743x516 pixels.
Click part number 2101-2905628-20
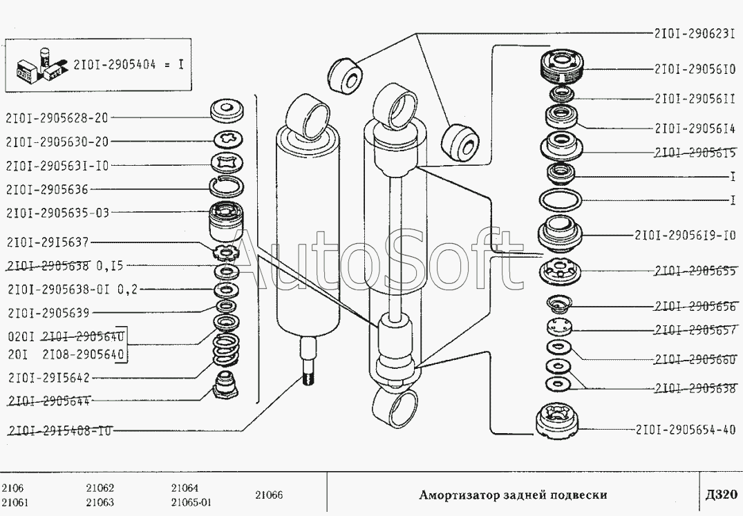[x=57, y=118]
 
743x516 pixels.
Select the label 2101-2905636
[x=47, y=189]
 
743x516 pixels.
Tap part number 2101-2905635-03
[x=57, y=213]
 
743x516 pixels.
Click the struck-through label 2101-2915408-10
[x=59, y=430]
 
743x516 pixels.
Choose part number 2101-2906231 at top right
[x=694, y=32]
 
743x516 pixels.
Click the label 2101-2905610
[x=694, y=69]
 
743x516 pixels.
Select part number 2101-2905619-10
[x=684, y=235]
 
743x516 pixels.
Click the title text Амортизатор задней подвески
[x=514, y=495]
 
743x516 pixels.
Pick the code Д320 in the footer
[x=722, y=495]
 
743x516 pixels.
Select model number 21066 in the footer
[x=269, y=495]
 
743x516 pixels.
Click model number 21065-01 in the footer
[x=191, y=502]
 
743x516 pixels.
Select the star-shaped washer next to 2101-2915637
[x=226, y=249]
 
